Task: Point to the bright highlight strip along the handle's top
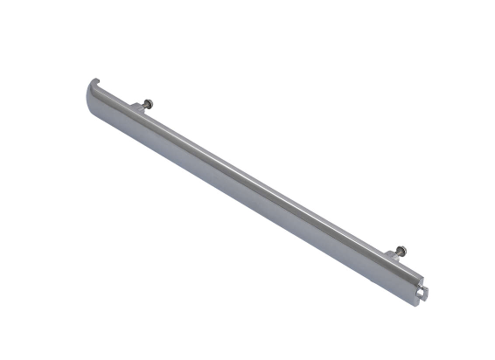point(254,179)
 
